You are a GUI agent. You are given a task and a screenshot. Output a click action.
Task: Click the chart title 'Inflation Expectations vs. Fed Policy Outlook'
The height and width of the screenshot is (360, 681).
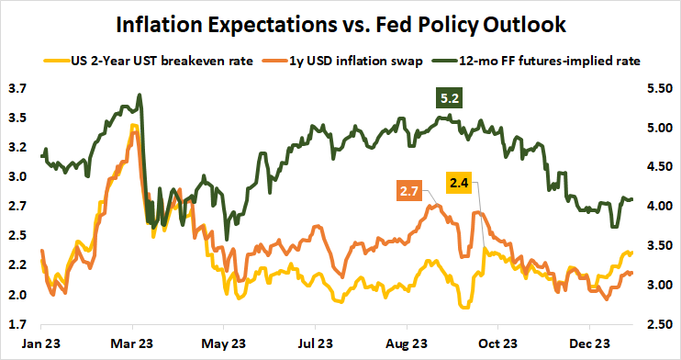point(340,22)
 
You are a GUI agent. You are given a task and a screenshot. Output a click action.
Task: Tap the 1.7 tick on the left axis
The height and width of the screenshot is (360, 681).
point(18,324)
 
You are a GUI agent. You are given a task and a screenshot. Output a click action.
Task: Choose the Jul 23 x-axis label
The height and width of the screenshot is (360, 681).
point(314,344)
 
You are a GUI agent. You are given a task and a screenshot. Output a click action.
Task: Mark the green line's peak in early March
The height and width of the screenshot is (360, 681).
point(139,95)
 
